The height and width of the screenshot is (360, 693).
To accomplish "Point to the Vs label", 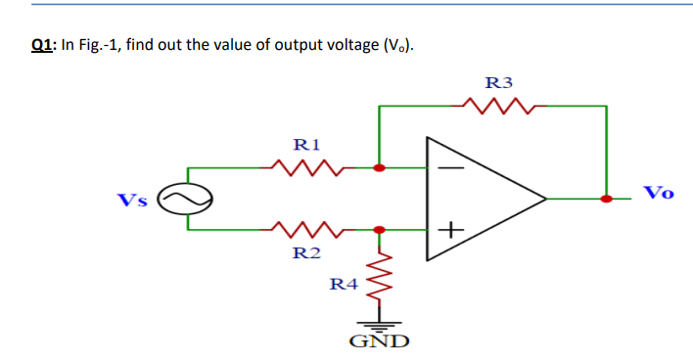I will [x=133, y=201].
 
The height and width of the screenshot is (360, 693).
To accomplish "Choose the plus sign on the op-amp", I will [x=447, y=231].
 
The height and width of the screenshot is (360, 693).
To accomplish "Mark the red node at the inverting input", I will [x=380, y=168].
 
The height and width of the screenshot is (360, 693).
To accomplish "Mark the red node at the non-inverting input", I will [x=380, y=231].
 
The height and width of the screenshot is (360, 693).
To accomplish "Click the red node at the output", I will [x=607, y=199].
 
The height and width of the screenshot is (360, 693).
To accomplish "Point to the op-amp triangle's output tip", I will [x=544, y=199].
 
